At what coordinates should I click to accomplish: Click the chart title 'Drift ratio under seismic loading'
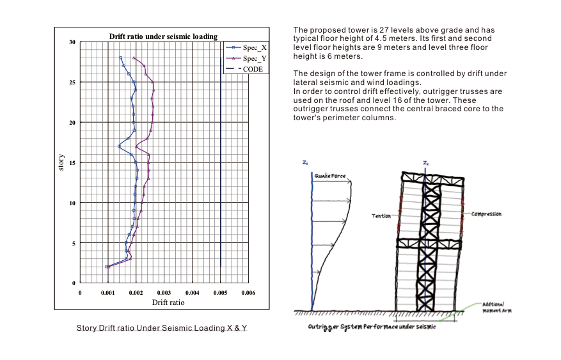coord(163,36)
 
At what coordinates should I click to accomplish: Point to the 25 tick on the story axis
coord(72,82)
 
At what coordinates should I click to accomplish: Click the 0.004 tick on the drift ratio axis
coord(193,293)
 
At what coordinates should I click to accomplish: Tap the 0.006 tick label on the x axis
coord(248,293)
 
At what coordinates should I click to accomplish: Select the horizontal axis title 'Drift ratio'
coord(164,302)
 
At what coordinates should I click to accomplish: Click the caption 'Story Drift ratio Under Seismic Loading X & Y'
coord(162,328)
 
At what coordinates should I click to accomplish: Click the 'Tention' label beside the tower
coord(381,216)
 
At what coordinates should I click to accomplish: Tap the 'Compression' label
coord(486,214)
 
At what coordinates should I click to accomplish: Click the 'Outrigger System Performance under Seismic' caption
coord(372,327)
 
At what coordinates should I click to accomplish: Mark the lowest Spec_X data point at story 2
coord(106,267)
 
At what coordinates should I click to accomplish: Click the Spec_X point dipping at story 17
coord(119,146)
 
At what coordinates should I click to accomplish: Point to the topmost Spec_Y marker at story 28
coord(134,58)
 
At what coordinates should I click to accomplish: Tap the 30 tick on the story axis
coord(72,42)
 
